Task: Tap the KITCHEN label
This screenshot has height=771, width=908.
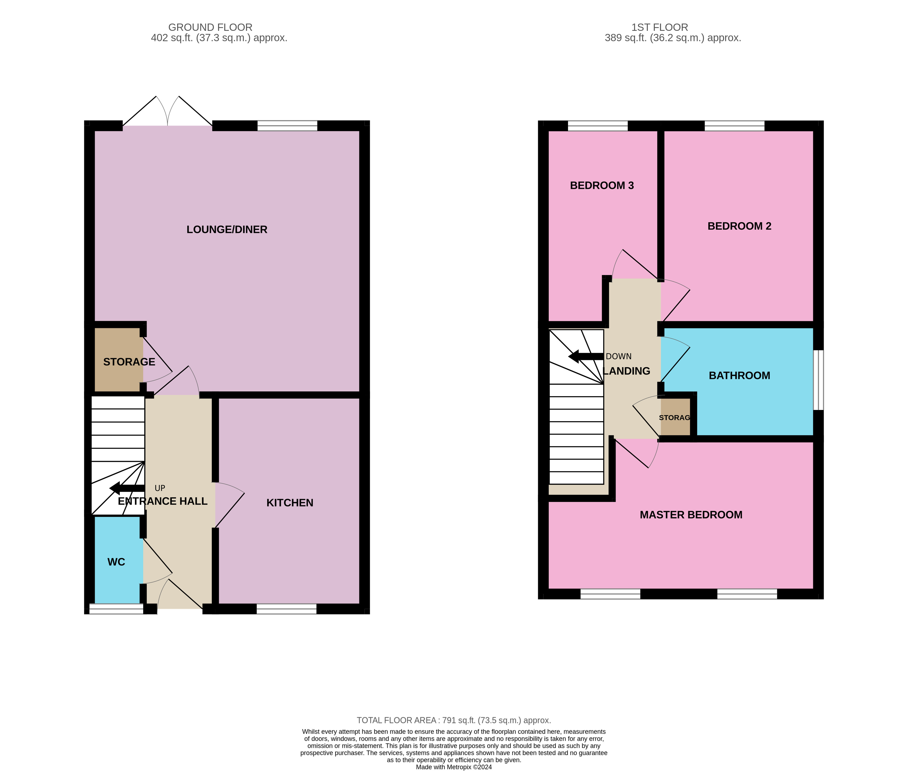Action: (x=290, y=503)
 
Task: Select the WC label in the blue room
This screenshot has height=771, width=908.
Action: (x=116, y=562)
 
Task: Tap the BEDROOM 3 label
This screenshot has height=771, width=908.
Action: (x=602, y=185)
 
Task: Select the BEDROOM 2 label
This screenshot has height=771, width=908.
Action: (x=739, y=226)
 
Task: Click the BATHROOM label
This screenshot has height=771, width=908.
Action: (x=739, y=376)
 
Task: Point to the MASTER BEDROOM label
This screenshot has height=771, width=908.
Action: (x=691, y=515)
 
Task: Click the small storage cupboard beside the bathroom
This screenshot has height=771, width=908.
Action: (x=675, y=417)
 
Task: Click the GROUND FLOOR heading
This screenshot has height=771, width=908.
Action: (x=210, y=27)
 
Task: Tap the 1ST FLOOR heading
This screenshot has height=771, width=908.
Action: (x=659, y=27)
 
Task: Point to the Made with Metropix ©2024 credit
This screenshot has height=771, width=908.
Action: (x=454, y=767)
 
